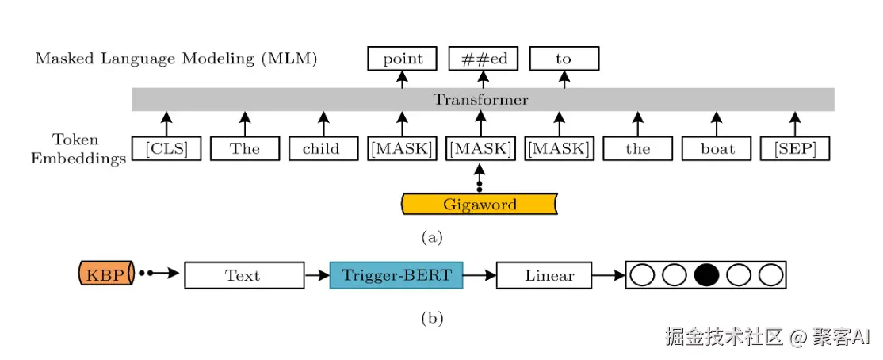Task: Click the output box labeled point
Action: pos(403,59)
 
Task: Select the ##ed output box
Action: pos(483,59)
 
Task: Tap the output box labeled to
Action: pos(564,59)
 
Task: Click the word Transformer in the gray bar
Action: pos(480,99)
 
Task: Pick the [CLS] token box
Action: pos(166,148)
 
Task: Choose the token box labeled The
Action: pos(244,148)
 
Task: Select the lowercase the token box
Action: pos(637,148)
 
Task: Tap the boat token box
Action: pos(717,148)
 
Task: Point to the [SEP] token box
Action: pos(795,148)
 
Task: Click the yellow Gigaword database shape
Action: pos(480,205)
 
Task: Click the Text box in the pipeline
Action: pos(243,275)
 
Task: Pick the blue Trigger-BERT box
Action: pos(396,275)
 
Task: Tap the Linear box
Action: pos(549,275)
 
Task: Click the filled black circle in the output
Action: pos(706,275)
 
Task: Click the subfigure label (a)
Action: pos(432,236)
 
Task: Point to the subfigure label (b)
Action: pos(432,319)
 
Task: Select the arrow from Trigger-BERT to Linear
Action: pos(480,275)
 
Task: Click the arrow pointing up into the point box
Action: pos(403,79)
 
